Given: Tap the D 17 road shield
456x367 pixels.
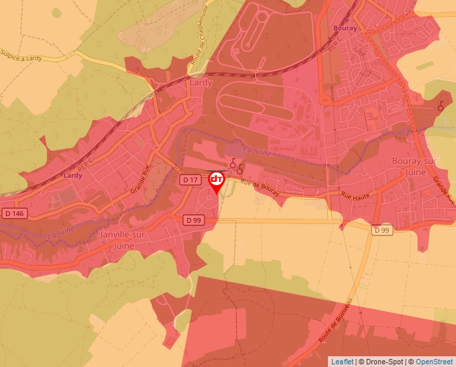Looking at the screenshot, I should (190, 180).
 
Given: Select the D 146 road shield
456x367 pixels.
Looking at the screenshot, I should (13, 213).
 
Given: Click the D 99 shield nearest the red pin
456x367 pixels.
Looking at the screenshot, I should (194, 219).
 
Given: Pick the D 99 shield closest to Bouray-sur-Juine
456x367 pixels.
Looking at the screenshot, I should (382, 231).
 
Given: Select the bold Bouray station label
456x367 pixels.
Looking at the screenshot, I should (345, 29).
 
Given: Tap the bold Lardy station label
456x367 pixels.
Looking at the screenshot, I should (72, 176).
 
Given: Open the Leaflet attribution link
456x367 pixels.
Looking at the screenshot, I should (342, 362).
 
